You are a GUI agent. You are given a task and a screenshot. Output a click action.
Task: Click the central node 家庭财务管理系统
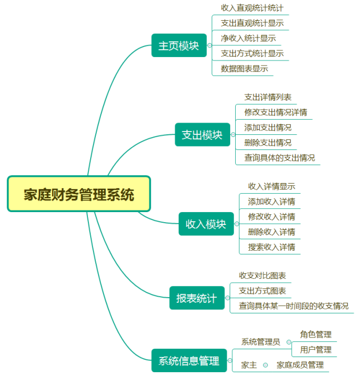[79, 194]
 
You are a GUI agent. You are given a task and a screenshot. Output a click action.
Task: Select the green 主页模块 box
[179, 45]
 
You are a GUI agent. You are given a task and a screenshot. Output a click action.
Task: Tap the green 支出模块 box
[202, 135]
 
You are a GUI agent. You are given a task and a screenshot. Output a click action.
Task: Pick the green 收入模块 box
[205, 224]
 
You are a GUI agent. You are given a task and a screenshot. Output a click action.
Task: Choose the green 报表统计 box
[196, 298]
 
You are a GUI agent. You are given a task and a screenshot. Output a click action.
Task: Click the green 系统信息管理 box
[189, 360]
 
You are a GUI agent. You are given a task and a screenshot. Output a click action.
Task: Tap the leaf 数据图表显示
[244, 68]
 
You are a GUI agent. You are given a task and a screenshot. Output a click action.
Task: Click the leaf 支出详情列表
[268, 97]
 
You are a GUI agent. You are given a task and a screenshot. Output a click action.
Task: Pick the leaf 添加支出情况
[268, 127]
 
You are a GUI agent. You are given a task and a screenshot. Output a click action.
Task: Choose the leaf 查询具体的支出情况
[279, 157]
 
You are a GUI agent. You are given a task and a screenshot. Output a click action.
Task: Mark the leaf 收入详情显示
[272, 186]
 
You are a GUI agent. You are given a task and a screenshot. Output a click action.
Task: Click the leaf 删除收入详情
[272, 232]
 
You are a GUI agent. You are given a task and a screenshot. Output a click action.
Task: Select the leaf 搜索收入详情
[272, 247]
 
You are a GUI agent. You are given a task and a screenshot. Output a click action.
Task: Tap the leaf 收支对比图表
[262, 275]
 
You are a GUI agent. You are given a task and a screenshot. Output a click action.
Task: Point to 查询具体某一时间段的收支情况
[293, 306]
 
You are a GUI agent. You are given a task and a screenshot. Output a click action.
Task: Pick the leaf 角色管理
[316, 334]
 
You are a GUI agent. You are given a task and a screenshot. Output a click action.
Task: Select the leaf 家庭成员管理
[300, 365]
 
